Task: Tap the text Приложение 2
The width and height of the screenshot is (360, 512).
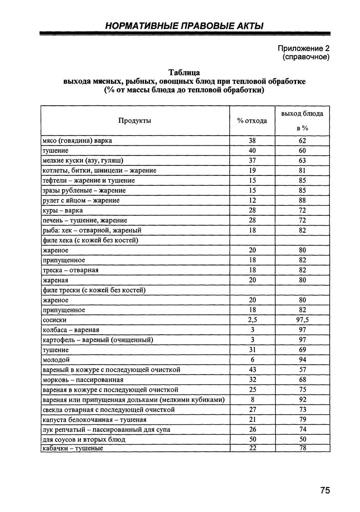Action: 303,49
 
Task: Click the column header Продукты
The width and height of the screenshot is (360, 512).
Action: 135,120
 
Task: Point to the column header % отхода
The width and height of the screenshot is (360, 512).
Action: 252,120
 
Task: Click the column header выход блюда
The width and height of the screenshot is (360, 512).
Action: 302,114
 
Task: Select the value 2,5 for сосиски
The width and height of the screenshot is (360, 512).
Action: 252,320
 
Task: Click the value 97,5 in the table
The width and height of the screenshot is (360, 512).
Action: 303,320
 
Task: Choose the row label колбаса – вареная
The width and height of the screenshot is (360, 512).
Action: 71,330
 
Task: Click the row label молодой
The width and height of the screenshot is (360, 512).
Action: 56,360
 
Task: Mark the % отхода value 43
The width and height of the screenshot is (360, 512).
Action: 252,370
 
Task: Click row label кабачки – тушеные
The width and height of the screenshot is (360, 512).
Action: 73,449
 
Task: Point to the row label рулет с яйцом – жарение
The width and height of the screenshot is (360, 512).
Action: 81,200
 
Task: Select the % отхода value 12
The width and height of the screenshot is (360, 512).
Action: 252,200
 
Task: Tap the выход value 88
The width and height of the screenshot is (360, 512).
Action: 303,200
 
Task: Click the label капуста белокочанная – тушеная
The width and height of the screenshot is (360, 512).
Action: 94,420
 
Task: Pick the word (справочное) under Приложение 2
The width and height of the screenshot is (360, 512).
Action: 306,57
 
